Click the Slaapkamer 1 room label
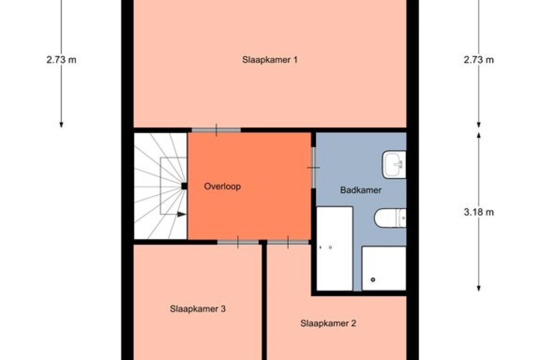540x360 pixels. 270,60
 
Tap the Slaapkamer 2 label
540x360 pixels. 328,324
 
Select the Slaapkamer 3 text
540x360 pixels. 198,309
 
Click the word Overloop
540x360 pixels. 222,186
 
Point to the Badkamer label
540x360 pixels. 360,190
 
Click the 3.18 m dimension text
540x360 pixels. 479,212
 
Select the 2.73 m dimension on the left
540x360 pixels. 61,60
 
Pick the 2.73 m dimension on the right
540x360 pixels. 479,60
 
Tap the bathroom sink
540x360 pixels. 394,165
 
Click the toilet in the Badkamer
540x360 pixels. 390,218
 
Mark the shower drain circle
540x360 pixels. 373,280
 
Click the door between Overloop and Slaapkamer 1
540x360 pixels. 216,130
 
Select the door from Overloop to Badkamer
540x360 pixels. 313,167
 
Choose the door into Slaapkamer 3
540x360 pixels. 238,242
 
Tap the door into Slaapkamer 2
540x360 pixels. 288,242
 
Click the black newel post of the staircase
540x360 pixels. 184,186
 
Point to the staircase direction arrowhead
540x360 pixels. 181,214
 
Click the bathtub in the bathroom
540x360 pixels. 335,248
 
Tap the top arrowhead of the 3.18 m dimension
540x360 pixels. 479,135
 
